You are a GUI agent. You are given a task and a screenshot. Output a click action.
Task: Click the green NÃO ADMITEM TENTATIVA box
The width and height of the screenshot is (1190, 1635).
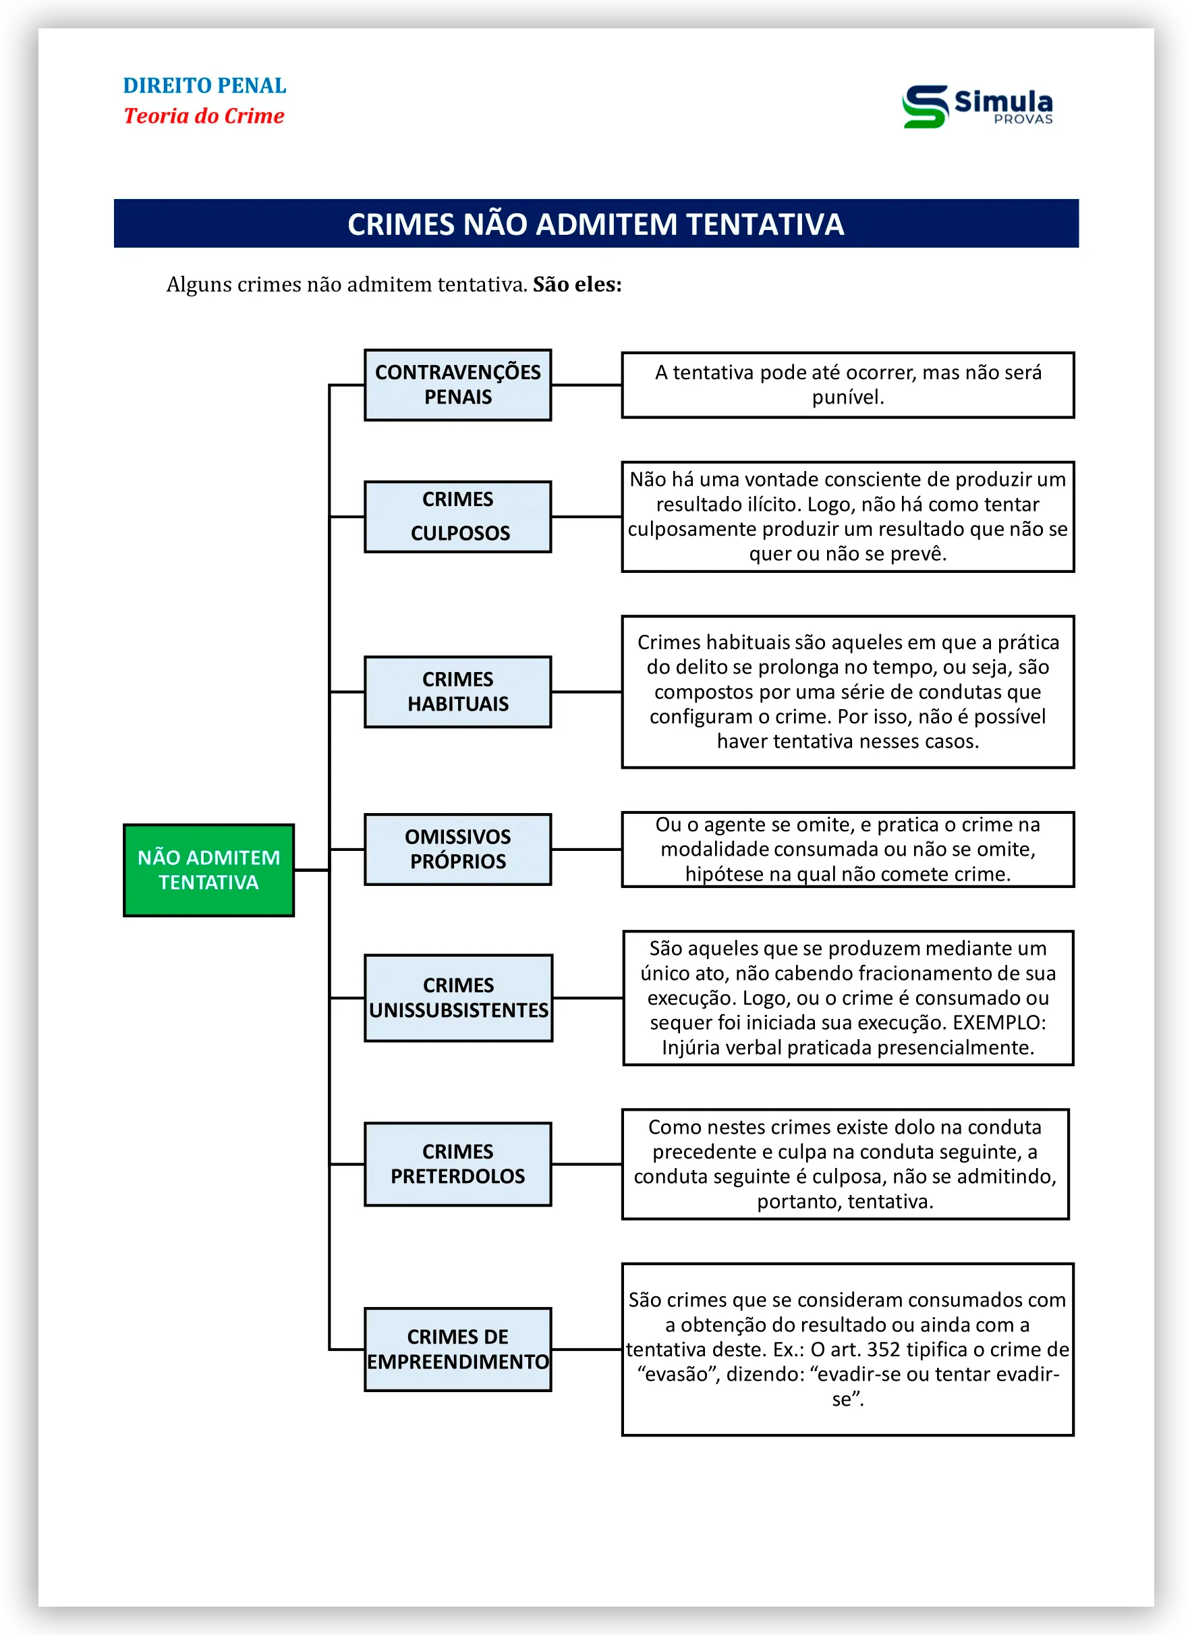(208, 869)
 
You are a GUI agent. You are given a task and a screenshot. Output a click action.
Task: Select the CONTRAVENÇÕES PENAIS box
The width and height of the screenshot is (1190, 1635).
(457, 385)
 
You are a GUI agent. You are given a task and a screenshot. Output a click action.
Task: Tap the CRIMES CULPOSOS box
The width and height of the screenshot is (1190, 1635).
(457, 516)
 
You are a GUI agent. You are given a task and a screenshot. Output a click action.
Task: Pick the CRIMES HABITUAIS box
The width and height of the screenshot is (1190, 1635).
(457, 692)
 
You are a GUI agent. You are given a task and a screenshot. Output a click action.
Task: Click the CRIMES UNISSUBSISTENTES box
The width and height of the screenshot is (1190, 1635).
(459, 998)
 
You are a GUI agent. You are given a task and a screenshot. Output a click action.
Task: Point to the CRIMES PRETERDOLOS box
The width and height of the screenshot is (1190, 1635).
(457, 1163)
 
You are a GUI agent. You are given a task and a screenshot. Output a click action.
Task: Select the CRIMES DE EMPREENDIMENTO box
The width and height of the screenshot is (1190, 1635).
(457, 1349)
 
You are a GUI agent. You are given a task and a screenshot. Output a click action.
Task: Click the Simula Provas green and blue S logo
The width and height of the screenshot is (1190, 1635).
(925, 107)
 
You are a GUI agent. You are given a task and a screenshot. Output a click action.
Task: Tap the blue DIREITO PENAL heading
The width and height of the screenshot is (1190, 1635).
(204, 86)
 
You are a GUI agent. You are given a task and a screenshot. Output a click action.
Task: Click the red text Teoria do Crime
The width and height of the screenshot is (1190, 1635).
(204, 116)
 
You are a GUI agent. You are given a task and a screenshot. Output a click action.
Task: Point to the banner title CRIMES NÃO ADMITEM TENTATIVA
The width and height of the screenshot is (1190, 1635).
(596, 224)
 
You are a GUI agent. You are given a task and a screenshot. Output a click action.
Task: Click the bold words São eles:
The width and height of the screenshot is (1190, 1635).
(577, 285)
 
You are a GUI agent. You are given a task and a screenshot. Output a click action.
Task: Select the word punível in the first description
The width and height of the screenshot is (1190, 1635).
(847, 397)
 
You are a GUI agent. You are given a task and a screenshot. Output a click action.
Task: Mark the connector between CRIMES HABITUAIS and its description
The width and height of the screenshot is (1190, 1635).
(586, 692)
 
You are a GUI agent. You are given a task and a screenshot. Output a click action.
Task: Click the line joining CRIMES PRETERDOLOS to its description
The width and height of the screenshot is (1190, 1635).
(586, 1163)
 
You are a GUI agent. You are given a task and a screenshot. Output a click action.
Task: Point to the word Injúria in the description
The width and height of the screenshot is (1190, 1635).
(693, 1047)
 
